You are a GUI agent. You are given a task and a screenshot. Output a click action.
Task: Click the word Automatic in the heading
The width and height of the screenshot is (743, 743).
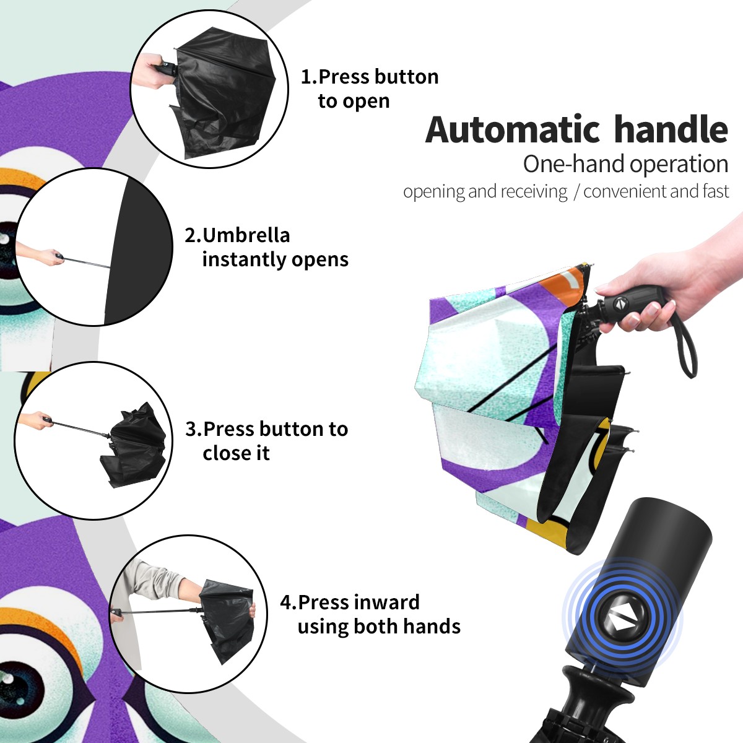click(x=513, y=129)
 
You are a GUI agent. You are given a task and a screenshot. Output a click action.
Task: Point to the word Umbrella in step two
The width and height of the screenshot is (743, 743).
click(x=246, y=235)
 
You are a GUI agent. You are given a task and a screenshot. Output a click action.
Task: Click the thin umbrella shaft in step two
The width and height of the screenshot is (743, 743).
click(x=87, y=262)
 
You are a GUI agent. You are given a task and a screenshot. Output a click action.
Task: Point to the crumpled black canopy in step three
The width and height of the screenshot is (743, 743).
click(x=135, y=445)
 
